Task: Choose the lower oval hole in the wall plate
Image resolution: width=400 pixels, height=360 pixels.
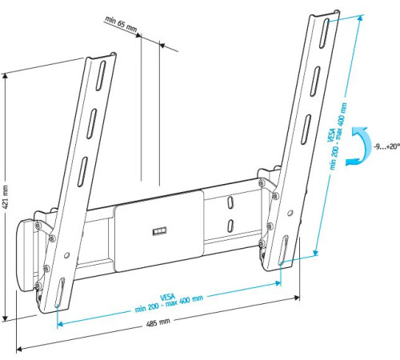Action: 230,226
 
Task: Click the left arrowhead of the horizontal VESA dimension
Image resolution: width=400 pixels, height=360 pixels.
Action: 59,323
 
